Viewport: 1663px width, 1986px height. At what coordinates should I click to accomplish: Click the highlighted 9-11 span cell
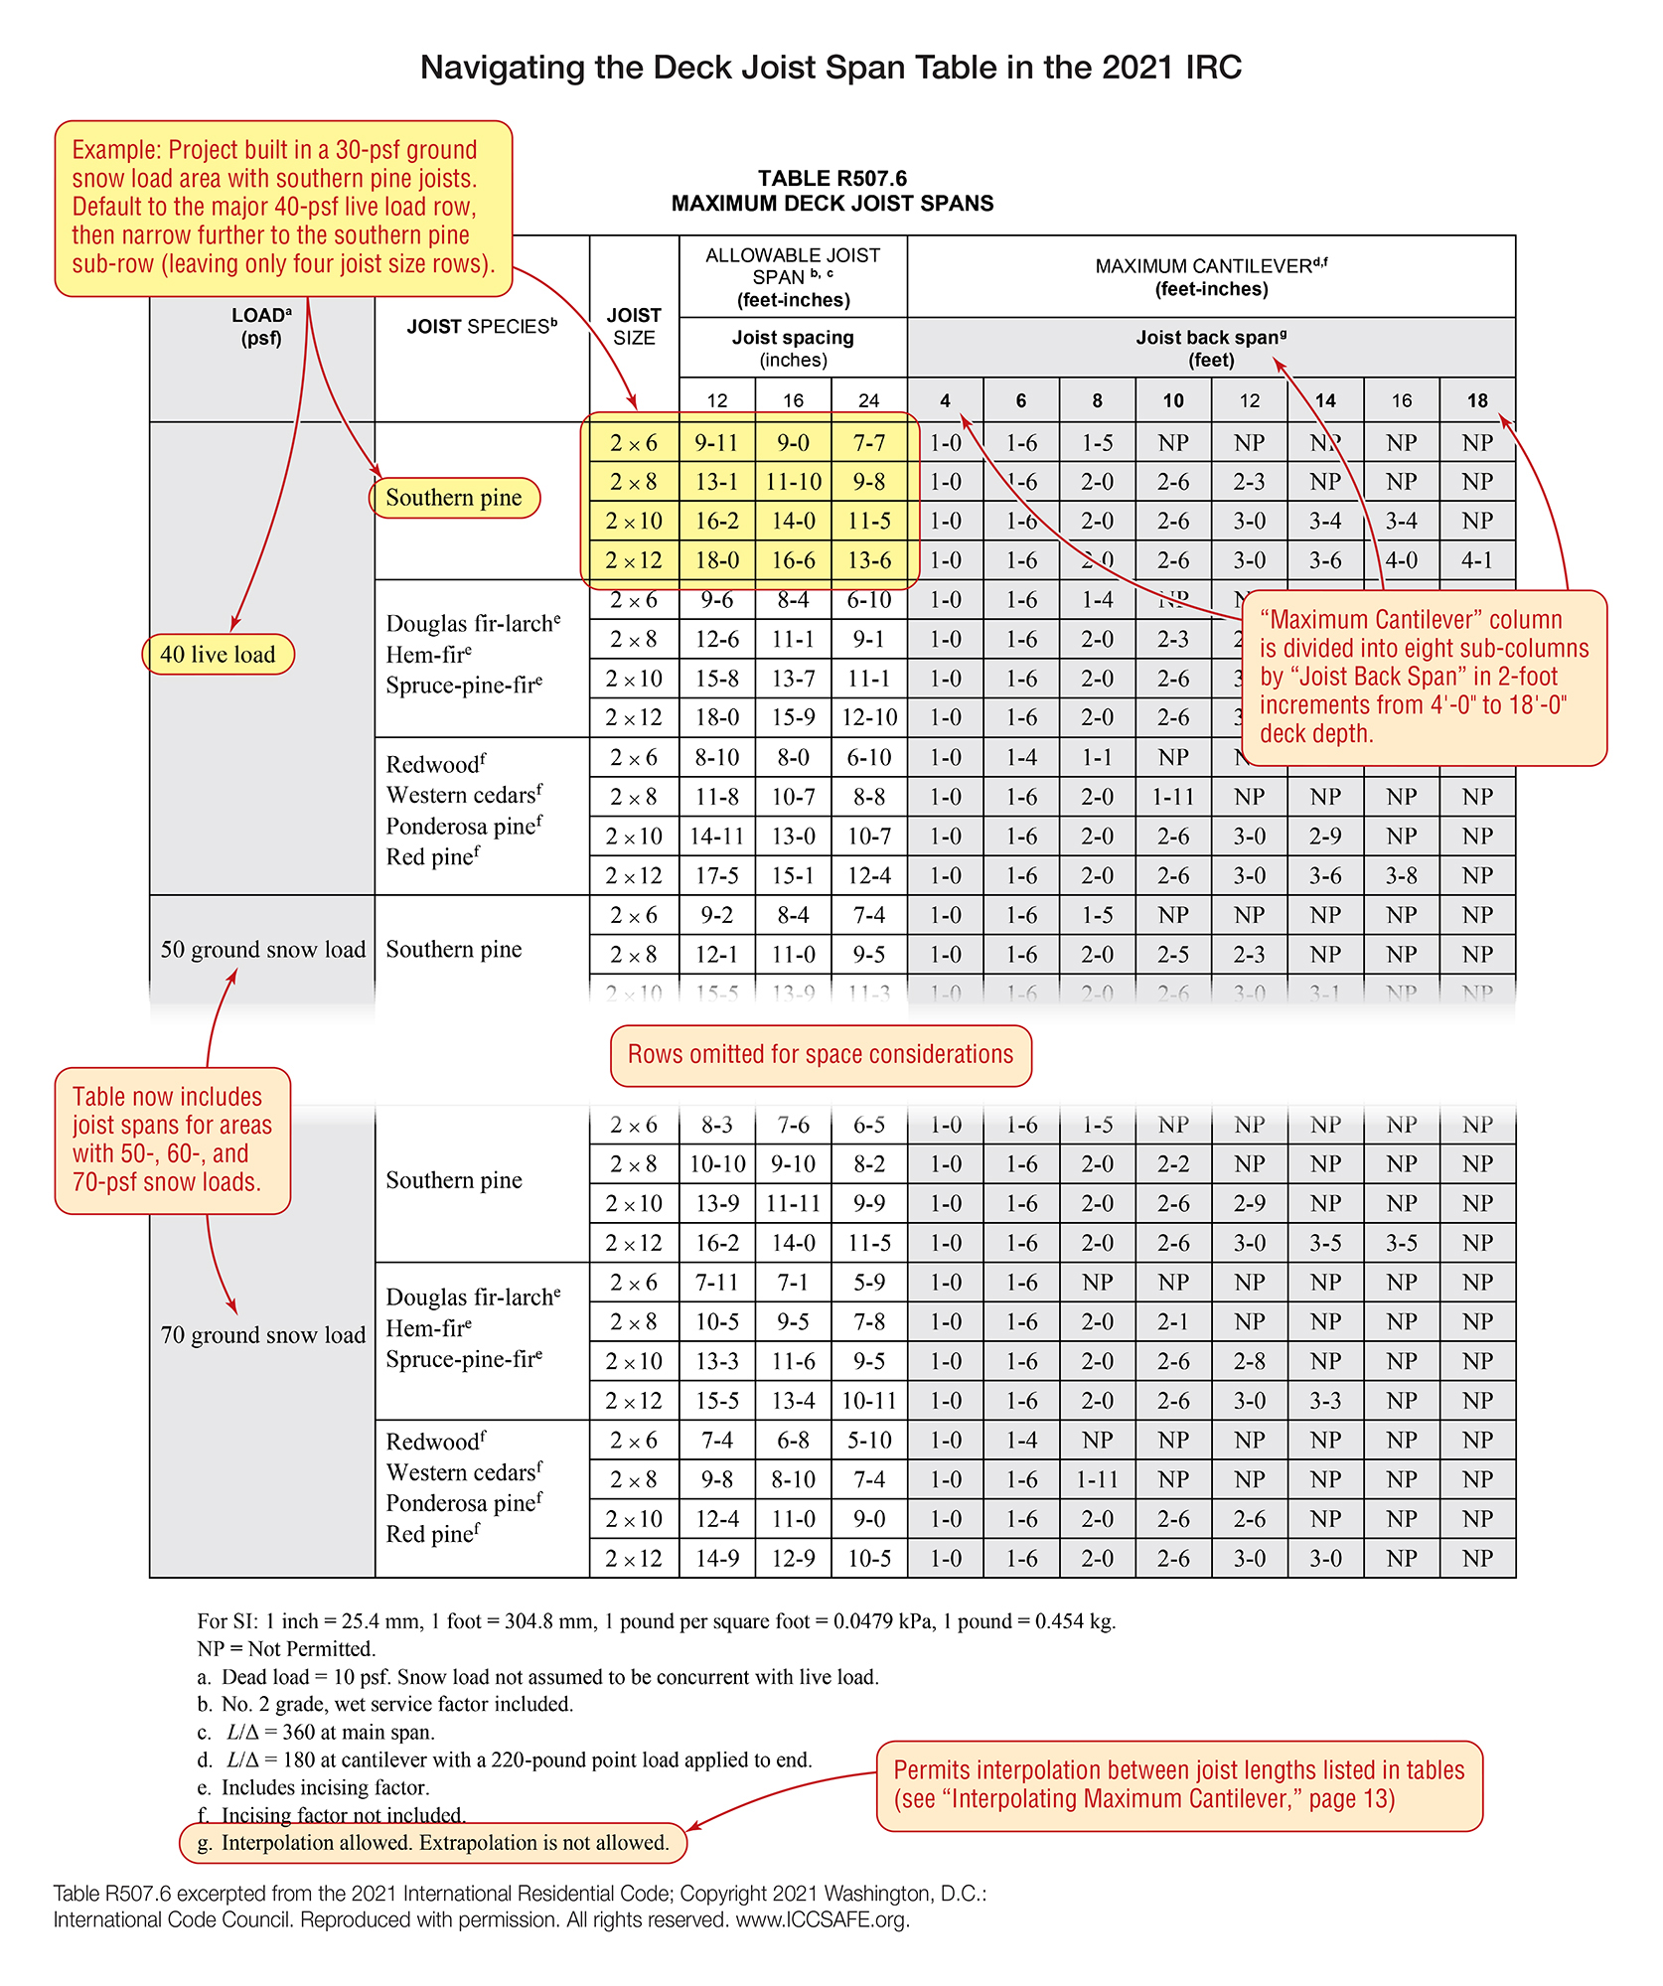point(716,443)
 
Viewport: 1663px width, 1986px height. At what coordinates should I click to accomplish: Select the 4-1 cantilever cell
point(1476,560)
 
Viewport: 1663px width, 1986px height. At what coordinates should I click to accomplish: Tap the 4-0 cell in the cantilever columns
point(1401,560)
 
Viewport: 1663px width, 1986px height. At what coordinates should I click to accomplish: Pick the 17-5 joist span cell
point(716,875)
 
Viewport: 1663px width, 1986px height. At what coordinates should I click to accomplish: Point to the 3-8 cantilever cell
point(1401,875)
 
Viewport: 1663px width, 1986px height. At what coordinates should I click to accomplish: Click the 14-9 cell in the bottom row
point(716,1558)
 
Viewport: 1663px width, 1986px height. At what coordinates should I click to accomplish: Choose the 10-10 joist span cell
point(716,1164)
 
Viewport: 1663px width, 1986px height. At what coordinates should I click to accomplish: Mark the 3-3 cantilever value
point(1325,1401)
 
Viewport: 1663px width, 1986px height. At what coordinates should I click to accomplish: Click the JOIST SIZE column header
point(634,327)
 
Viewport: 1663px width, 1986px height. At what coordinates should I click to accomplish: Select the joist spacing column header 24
point(868,400)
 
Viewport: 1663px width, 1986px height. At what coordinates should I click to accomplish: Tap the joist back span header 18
point(1477,400)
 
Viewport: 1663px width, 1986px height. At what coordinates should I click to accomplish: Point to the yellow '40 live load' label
point(219,655)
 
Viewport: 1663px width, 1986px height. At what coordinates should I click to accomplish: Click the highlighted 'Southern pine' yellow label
point(454,498)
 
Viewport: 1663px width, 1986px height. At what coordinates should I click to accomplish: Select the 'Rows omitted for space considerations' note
point(821,1055)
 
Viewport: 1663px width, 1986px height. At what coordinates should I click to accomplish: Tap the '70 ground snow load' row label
point(263,1335)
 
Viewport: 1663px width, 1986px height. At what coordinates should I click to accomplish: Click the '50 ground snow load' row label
point(263,950)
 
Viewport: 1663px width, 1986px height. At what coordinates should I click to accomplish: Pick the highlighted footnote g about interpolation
point(433,1843)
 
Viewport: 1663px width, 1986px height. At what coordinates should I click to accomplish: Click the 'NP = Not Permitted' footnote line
point(286,1649)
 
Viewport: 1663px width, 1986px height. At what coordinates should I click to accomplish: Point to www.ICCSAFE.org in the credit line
point(823,1919)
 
